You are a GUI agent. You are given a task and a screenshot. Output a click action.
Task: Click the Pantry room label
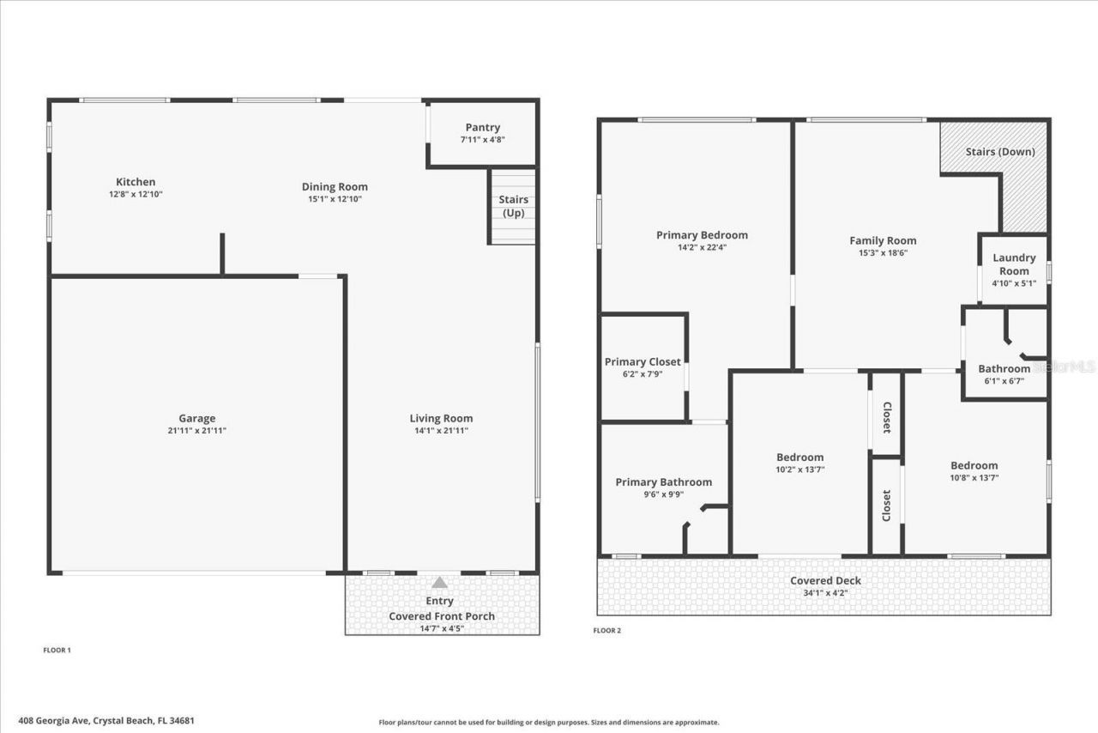[482, 128]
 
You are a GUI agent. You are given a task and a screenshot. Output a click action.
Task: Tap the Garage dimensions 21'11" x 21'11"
[196, 431]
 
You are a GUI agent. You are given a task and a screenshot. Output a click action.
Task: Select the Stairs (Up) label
[513, 206]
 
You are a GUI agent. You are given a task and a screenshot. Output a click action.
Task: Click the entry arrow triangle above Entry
[439, 582]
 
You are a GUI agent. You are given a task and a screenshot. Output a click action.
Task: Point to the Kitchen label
[136, 182]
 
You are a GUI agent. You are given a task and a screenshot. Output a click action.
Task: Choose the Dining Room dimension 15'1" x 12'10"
[335, 199]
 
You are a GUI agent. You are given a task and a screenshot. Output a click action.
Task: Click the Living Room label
[441, 419]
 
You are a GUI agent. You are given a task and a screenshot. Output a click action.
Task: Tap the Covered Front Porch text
[442, 616]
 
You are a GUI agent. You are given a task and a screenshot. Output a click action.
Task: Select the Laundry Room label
[1014, 264]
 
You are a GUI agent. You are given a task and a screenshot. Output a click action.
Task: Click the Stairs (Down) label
[1000, 152]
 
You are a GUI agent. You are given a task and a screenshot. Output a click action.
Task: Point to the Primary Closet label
[643, 362]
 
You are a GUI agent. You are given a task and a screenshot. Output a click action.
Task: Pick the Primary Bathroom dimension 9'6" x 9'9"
[663, 494]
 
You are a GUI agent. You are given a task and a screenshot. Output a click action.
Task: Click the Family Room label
[883, 241]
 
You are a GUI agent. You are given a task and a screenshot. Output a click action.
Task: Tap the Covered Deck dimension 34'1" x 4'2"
[825, 592]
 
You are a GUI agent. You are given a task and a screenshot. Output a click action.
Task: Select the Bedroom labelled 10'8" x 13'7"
[974, 466]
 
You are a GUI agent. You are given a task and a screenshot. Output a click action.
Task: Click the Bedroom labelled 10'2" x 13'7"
[799, 457]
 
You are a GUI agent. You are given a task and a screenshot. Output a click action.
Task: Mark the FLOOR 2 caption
[606, 631]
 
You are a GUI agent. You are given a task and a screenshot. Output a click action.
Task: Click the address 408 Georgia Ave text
[106, 721]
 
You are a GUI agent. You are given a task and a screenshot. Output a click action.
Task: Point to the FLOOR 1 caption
[57, 651]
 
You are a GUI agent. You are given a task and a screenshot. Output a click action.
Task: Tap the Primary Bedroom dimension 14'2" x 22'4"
[702, 247]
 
